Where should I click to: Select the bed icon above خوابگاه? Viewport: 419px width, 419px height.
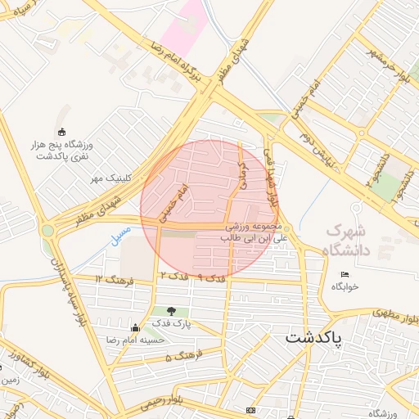pos(345,274)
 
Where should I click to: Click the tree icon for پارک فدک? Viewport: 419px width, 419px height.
pos(171,311)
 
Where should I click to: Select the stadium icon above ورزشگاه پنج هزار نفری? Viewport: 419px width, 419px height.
pos(61,132)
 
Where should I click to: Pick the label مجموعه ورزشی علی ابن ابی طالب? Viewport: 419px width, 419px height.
pos(251,232)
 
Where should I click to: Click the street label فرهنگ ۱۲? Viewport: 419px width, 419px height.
pos(111,280)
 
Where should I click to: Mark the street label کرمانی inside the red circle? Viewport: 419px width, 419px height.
pos(241,176)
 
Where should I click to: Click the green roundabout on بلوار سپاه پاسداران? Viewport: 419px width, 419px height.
pos(47,230)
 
